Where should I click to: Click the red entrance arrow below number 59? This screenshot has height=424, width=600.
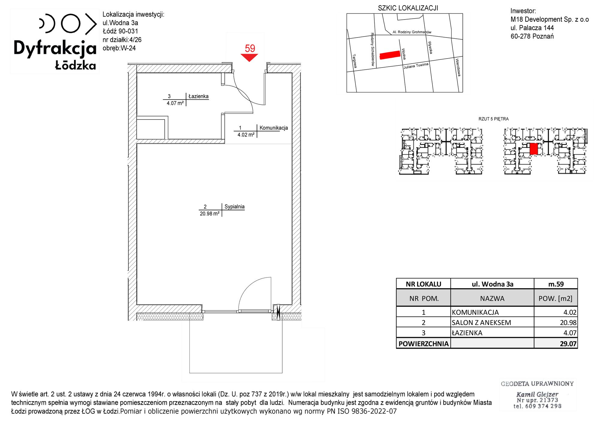click(x=249, y=57)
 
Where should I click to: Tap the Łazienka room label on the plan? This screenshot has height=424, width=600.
click(x=198, y=96)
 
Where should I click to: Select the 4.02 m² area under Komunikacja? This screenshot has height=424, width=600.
click(x=246, y=135)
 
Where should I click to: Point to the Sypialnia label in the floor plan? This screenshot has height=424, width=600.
click(x=234, y=206)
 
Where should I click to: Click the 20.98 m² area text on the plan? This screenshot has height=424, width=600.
click(x=209, y=214)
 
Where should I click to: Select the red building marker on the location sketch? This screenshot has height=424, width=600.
click(x=390, y=55)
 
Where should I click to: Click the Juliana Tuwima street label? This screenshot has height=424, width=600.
click(x=416, y=66)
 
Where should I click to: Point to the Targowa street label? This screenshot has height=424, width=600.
click(x=354, y=61)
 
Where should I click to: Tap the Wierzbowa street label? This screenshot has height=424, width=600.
click(x=458, y=67)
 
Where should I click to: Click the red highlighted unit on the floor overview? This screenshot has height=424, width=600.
click(x=533, y=149)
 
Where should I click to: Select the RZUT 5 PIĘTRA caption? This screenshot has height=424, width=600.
click(x=493, y=119)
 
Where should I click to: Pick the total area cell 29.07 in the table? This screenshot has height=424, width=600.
click(x=568, y=344)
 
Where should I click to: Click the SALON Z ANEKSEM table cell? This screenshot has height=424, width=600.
click(x=481, y=323)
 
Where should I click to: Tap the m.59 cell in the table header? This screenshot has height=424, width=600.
click(x=556, y=284)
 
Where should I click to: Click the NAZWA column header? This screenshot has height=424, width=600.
click(x=492, y=298)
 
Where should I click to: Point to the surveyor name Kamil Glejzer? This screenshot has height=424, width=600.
click(x=537, y=394)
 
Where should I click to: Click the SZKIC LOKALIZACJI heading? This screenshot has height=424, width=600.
click(x=408, y=8)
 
